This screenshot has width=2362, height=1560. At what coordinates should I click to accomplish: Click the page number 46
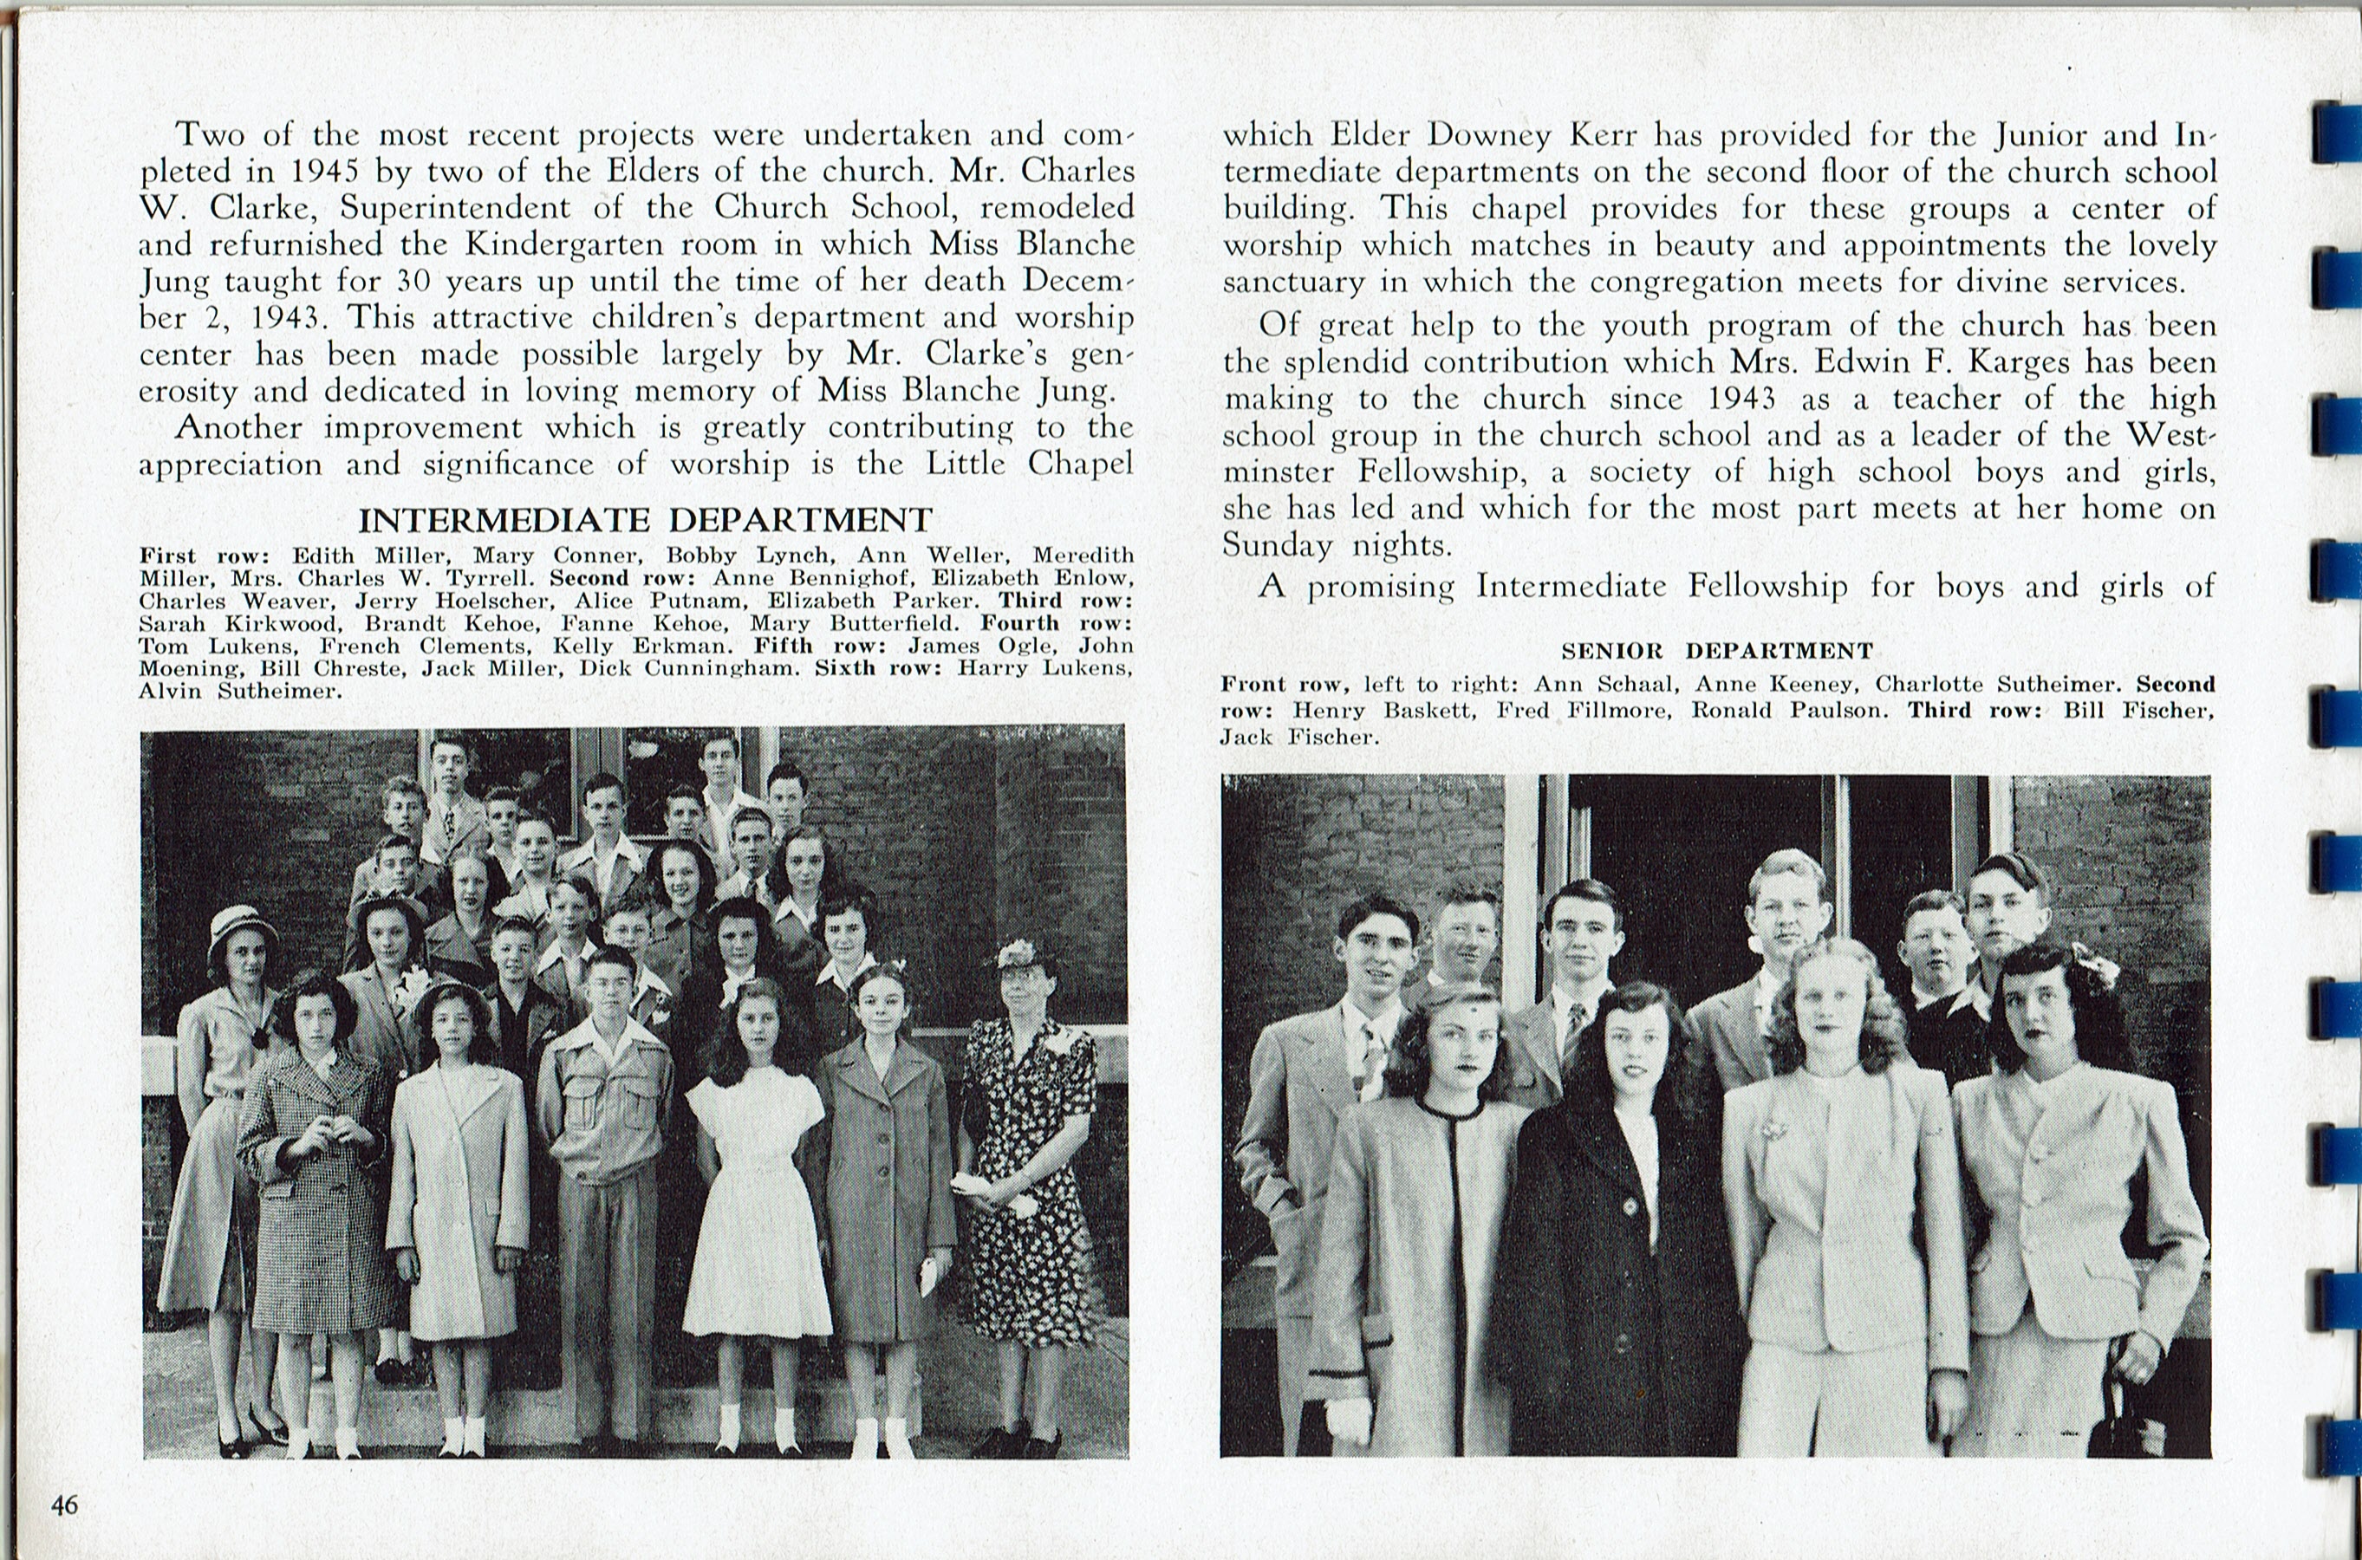[x=65, y=1505]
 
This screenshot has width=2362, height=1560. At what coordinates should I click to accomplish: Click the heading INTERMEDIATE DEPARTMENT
[x=645, y=520]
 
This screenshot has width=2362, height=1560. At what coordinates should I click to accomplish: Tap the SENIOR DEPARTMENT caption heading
[x=1716, y=652]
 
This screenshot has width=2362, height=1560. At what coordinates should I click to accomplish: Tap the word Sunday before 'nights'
[x=1277, y=545]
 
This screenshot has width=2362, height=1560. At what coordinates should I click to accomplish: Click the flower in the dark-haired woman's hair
[x=2092, y=966]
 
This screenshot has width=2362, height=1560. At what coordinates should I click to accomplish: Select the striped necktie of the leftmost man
[x=1370, y=1060]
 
